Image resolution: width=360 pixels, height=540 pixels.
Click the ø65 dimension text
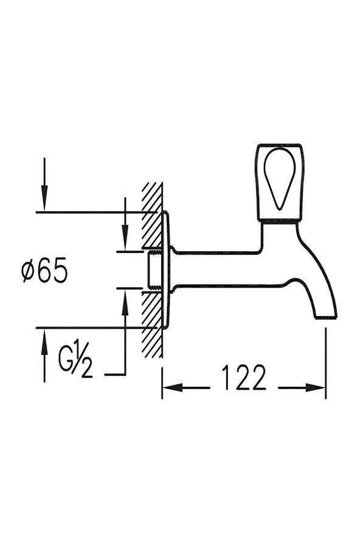(44, 271)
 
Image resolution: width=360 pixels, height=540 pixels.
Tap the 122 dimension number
(243, 378)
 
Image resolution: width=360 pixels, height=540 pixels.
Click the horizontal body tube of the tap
(219, 268)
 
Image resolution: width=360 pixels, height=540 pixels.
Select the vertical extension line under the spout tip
(326, 365)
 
